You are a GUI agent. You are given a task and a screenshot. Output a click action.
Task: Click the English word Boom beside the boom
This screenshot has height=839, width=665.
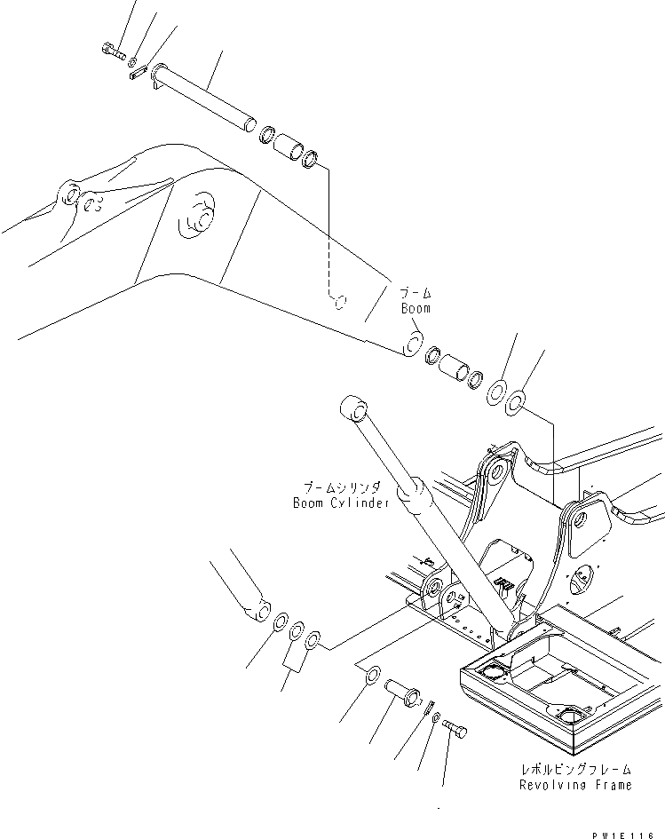(415, 308)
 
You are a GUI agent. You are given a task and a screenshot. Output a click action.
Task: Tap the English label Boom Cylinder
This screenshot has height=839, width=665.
(341, 503)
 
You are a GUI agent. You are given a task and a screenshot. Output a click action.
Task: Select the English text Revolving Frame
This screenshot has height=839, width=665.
(576, 785)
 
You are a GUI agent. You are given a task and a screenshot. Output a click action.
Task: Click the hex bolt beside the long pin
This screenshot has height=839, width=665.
(115, 52)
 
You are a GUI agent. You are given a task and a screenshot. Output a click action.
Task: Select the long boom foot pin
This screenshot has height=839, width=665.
(203, 98)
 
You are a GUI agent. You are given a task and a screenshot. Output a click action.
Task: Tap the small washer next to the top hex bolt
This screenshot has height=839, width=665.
(132, 62)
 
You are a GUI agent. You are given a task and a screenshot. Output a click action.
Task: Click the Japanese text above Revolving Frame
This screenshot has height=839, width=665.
(576, 769)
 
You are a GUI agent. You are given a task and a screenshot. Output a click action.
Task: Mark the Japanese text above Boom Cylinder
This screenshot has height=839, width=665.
(341, 487)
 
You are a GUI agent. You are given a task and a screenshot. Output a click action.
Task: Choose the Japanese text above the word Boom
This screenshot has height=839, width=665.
(414, 292)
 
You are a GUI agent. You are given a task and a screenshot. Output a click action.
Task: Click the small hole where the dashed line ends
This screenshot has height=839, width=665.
(338, 301)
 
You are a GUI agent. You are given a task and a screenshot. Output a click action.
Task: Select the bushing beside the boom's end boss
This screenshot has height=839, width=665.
(455, 368)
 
